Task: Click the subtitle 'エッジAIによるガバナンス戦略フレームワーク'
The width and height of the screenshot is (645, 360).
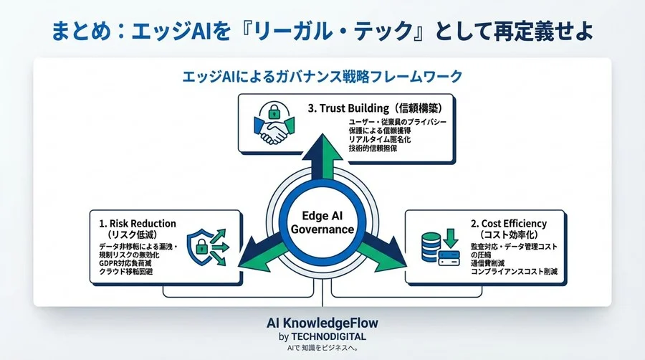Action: [x=322, y=75]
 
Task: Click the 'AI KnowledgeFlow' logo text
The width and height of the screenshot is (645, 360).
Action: [x=322, y=323]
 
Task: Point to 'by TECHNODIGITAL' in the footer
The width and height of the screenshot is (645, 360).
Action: [x=322, y=337]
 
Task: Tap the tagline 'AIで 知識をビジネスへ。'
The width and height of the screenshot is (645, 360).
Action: [x=322, y=348]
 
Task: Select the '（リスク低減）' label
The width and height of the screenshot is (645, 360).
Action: [x=132, y=234]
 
